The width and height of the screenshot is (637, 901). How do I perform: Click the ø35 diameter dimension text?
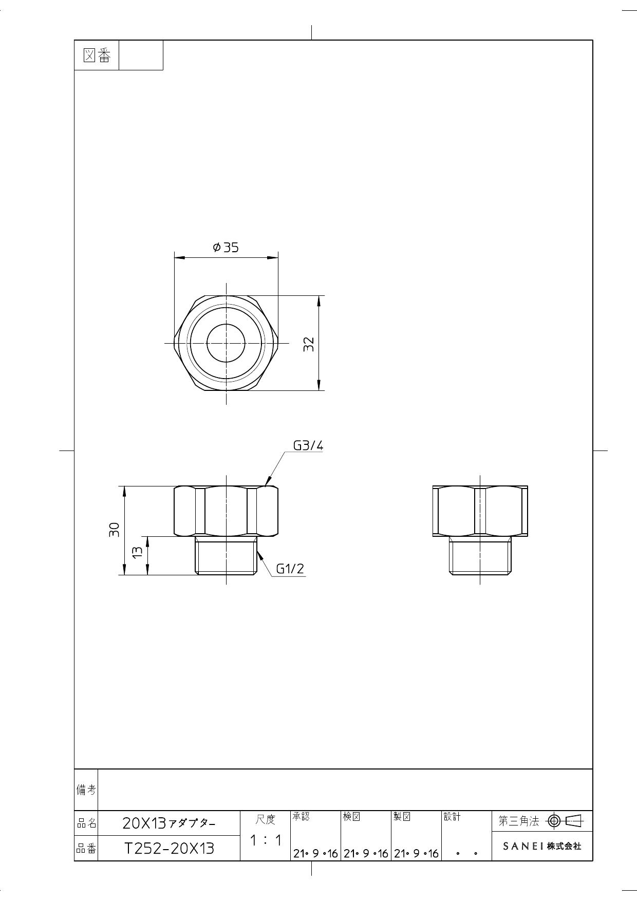point(226,248)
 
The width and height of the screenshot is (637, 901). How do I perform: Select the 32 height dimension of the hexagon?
point(308,344)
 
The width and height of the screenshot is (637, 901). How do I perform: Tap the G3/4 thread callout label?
point(308,445)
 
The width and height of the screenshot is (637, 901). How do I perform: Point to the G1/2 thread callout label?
point(290,569)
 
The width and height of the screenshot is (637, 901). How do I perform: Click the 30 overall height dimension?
point(114,530)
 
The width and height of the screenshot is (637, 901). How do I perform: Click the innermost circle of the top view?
point(226,343)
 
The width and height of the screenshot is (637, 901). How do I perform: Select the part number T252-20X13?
point(169,848)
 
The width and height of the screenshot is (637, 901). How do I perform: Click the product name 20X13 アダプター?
point(169,823)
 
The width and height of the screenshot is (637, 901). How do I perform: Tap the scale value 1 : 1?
point(266,840)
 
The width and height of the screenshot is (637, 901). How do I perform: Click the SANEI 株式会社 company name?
point(542,846)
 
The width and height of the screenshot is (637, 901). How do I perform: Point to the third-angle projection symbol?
point(565,821)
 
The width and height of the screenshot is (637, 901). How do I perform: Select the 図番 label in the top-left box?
point(97,55)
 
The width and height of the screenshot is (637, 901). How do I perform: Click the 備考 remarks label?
point(86,790)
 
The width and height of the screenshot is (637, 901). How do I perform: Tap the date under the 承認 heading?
point(315,854)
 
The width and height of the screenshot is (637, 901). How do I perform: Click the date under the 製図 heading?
point(416,854)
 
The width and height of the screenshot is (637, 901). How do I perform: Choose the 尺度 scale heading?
point(266,819)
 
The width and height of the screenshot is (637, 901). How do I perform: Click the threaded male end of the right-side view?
point(480,556)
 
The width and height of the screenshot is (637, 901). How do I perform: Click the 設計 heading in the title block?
point(452,817)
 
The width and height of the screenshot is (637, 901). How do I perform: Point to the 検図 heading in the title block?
point(352,817)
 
